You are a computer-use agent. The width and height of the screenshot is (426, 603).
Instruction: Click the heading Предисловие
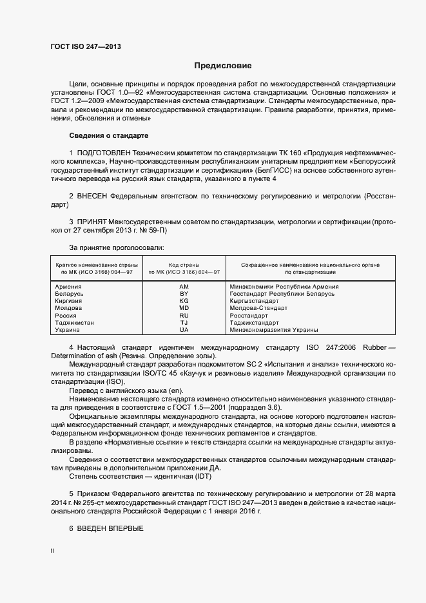coord(223,66)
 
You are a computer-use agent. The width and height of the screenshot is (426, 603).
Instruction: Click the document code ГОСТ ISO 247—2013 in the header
coord(86,46)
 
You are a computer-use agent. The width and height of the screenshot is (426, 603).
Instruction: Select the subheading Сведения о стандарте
coord(108,135)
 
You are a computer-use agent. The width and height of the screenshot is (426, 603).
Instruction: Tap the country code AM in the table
coord(184,286)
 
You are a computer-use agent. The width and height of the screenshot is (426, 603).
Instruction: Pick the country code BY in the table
coord(184,293)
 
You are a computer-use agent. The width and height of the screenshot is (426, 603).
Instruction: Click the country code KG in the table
coord(184,301)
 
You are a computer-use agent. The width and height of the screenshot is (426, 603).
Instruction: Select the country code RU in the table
coord(184,316)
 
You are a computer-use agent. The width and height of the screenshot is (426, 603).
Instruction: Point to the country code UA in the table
coord(184,330)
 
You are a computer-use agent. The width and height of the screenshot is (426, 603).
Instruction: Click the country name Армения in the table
coord(68,286)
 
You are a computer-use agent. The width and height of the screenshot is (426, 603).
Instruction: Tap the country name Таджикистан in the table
coord(75,323)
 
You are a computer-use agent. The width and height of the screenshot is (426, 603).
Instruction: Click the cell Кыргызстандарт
coord(254,301)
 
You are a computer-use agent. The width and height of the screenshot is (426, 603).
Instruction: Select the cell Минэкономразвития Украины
coord(274,330)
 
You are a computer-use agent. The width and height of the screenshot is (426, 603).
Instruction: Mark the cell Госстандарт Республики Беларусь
coord(282,293)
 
